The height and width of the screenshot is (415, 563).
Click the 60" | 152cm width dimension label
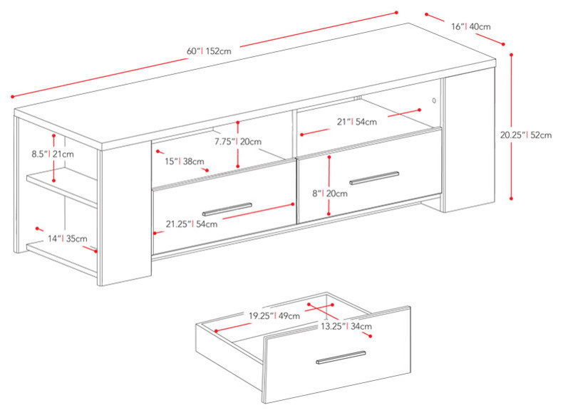tap(209, 51)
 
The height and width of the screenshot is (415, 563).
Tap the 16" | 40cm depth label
tap(471, 26)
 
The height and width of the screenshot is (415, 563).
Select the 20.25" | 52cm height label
tap(526, 135)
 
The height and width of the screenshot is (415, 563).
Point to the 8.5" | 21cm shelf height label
tap(53, 154)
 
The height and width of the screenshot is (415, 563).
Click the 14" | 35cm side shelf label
tap(68, 238)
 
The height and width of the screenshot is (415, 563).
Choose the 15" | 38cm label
tap(185, 162)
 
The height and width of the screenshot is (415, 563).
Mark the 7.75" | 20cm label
tap(238, 142)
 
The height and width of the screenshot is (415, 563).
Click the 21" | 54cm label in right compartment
tap(357, 122)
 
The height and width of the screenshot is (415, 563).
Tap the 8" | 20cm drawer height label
tap(330, 194)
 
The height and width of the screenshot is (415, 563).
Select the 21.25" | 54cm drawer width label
tap(192, 224)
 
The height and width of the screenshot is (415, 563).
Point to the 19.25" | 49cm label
tap(274, 316)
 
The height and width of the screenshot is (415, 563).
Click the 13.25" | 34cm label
tap(346, 327)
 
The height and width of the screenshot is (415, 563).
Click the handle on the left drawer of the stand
tap(227, 209)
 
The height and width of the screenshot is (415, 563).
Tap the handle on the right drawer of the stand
tap(374, 178)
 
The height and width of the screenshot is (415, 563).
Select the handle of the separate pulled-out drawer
tap(341, 357)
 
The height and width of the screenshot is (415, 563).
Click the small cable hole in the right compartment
tap(434, 101)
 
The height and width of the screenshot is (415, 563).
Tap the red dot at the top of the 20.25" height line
tap(511, 55)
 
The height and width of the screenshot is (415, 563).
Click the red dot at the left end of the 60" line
tap(12, 97)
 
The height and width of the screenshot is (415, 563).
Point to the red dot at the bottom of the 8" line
tap(329, 214)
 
